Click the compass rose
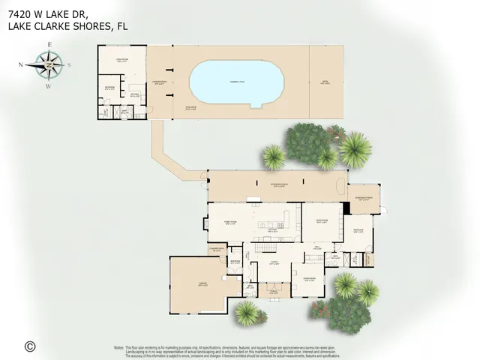(48, 65)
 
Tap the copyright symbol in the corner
(30, 346)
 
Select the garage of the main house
(196, 285)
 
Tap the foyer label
(275, 264)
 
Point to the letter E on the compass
(49, 45)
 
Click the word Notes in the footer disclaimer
(118, 347)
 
